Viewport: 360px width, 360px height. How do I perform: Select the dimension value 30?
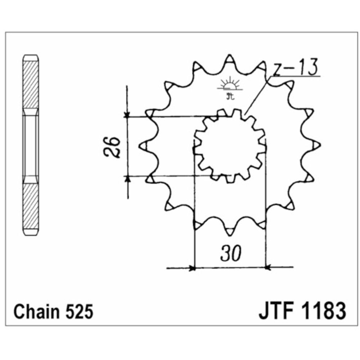coord(229,254)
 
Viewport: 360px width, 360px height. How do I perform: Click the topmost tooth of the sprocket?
coord(229,59)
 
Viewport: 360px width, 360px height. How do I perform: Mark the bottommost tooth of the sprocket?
coord(229,230)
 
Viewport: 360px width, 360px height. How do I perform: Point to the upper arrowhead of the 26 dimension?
coord(127,114)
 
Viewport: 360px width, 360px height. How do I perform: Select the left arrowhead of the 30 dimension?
coord(192,267)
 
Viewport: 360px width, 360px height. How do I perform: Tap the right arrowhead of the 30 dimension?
coord(268,267)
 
